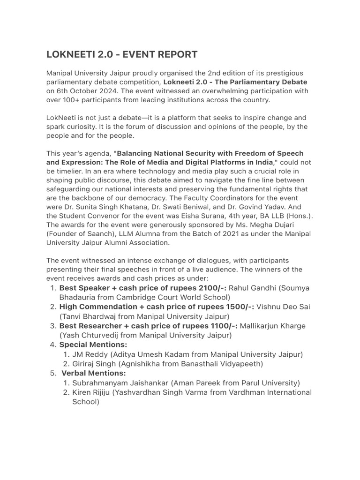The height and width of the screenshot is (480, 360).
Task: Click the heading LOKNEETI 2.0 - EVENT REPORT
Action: (122, 55)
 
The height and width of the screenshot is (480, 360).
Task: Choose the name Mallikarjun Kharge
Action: (272, 326)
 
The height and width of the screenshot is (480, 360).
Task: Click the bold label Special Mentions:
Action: (93, 345)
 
